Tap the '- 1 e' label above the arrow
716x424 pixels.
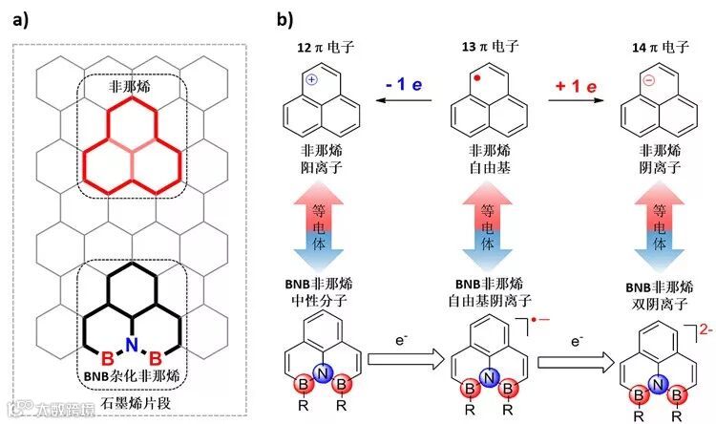tap(401, 85)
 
